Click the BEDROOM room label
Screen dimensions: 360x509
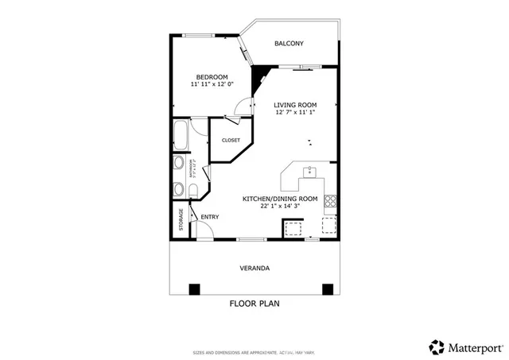pos(212,76)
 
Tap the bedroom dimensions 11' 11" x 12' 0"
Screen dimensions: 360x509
pos(210,84)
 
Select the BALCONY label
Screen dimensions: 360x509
pos(289,44)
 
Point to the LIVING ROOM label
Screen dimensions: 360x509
pos(296,105)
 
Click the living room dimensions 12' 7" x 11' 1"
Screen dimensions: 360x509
pos(296,113)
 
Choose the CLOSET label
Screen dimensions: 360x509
pos(231,140)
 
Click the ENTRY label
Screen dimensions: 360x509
pos(210,217)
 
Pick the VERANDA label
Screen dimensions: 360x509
pos(254,269)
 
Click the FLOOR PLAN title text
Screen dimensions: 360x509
pos(254,303)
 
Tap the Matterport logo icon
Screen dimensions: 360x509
pos(436,346)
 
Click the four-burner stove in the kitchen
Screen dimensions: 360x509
pos(330,200)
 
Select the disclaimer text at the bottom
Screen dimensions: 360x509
pos(254,352)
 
